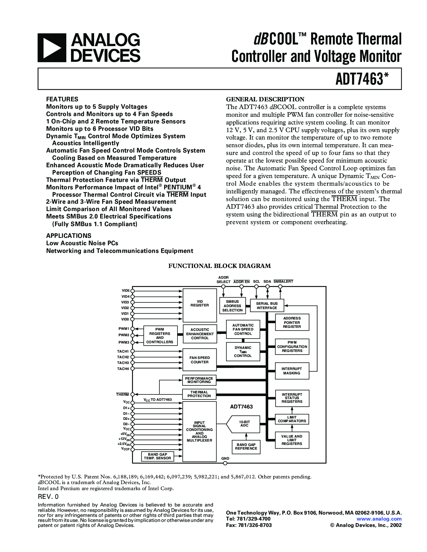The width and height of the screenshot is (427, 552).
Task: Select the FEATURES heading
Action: coord(62,99)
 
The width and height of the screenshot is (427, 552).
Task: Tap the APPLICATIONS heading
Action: coord(69,236)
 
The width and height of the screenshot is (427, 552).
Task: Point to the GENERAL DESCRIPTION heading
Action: coord(265,99)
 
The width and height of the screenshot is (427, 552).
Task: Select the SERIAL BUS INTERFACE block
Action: coord(267,306)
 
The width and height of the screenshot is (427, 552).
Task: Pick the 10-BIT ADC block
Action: coord(244,424)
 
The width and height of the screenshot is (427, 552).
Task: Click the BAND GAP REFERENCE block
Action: coord(246,447)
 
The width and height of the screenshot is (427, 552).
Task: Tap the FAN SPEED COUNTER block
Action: coord(200,360)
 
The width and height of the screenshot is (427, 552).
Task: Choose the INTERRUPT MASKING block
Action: coord(292,371)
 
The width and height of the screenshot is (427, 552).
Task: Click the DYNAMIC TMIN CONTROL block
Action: coord(243,352)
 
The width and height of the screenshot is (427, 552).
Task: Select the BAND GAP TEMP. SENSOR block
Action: coord(157,456)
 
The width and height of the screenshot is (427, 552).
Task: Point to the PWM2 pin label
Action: coord(124,335)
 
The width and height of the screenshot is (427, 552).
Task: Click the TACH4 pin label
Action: coord(123,369)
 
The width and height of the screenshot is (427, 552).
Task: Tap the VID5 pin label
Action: coord(125,291)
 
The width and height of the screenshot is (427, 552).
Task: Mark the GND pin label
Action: coord(225,458)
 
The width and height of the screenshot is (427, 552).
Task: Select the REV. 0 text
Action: coord(48,496)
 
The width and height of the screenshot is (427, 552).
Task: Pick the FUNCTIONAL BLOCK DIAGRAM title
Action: coord(219,266)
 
